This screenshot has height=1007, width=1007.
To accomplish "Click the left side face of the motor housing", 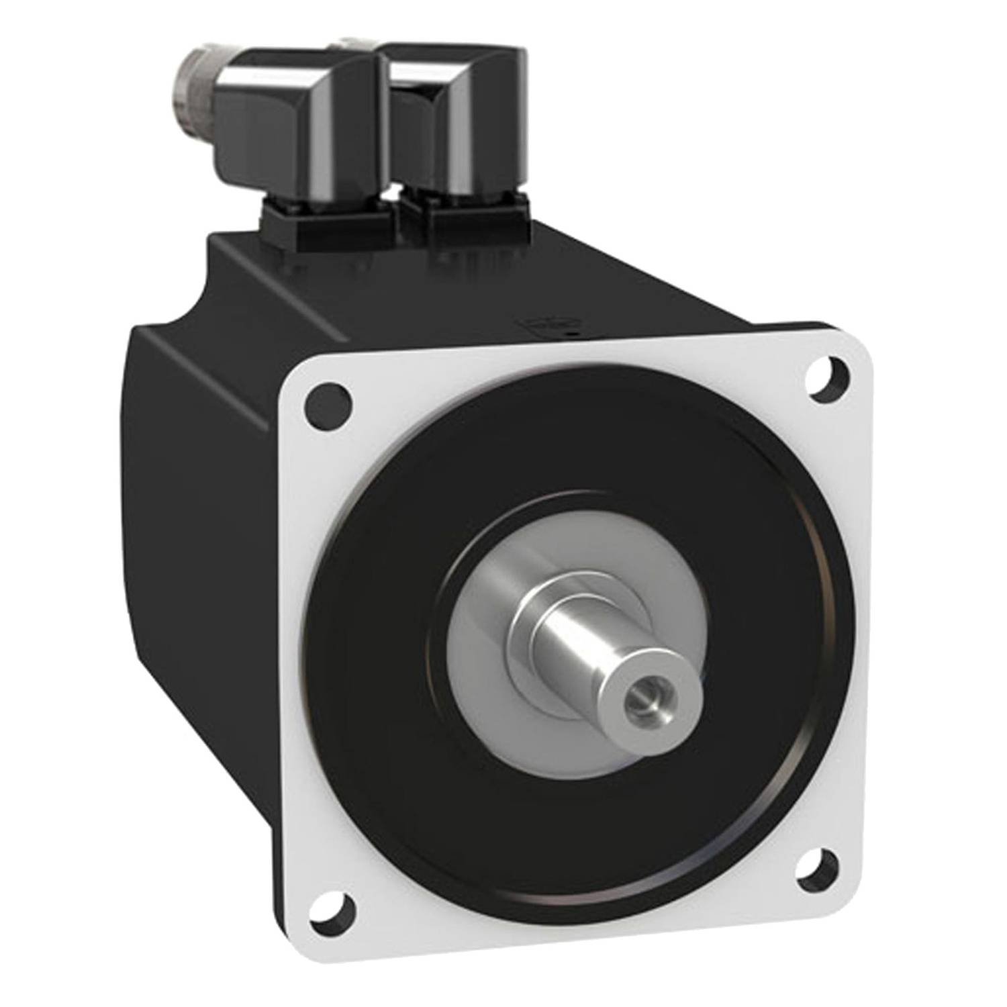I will (201, 537).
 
